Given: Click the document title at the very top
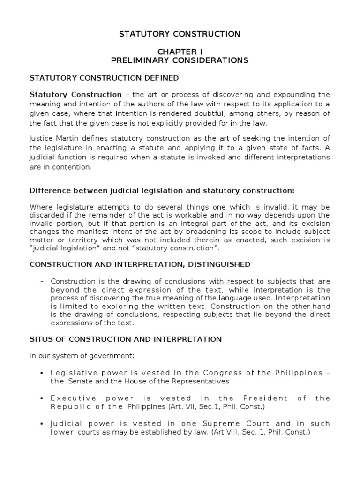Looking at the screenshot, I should click(x=180, y=34).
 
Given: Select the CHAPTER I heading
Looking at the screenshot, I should click(x=180, y=51).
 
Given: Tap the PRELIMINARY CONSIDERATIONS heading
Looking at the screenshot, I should click(x=180, y=60).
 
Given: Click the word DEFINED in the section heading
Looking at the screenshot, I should click(x=162, y=77).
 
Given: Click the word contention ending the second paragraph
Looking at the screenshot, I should click(x=61, y=167).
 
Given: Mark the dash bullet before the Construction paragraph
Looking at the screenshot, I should click(x=42, y=282).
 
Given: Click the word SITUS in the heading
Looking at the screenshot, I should click(x=40, y=339).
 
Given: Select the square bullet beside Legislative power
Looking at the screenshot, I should click(x=42, y=373).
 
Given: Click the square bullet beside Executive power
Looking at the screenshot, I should click(x=42, y=398).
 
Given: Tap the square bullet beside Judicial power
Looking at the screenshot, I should click(x=42, y=423).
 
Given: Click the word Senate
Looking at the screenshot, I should click(x=77, y=381).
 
